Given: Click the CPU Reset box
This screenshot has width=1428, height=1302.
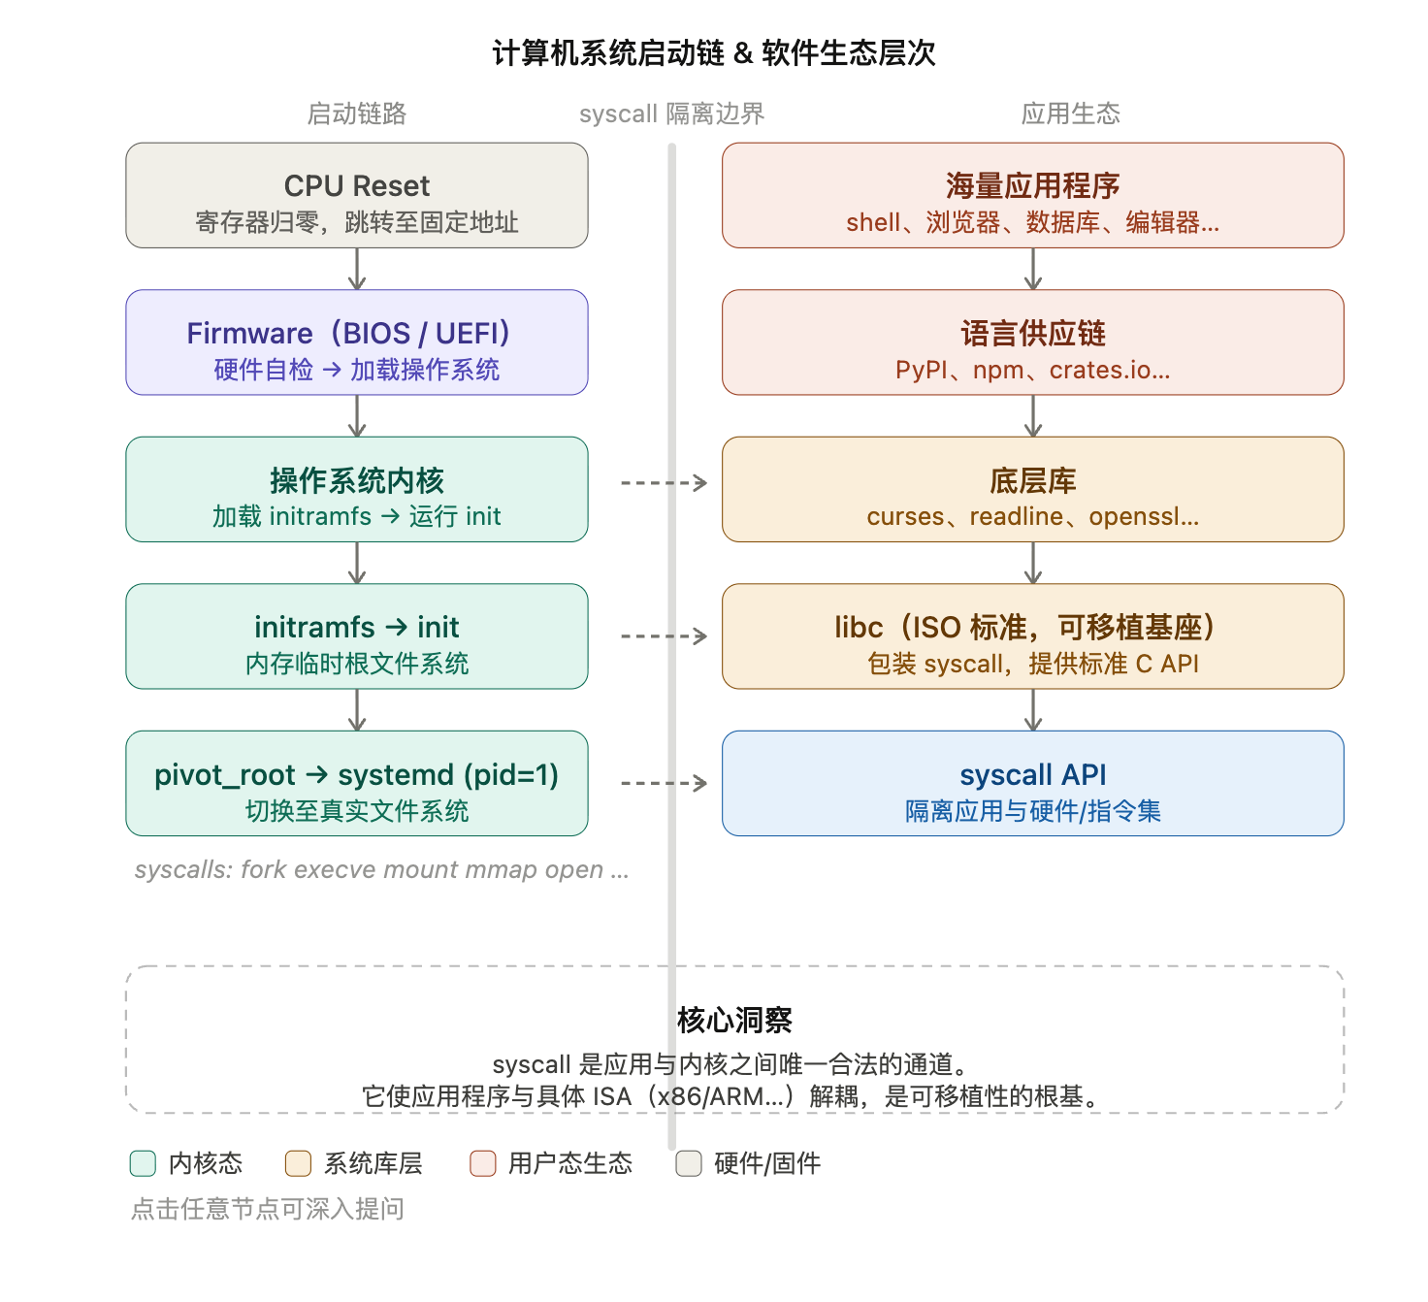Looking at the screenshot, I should [x=356, y=195].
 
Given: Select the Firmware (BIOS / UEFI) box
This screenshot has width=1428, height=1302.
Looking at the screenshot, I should [x=356, y=342].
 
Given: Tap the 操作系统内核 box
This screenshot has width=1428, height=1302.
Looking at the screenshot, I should [x=356, y=489].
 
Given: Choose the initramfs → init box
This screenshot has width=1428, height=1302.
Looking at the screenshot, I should [x=356, y=636].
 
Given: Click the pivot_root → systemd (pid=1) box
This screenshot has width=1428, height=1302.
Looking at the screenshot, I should [x=356, y=783].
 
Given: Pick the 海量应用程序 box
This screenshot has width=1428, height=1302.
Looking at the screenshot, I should [x=1032, y=195].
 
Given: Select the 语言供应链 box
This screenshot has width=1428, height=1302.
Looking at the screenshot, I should [x=1032, y=342].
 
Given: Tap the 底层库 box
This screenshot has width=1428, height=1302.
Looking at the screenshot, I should [x=1032, y=489].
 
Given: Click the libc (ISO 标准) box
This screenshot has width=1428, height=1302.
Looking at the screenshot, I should [x=1032, y=636].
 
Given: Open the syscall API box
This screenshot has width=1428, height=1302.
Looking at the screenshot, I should [x=1032, y=783].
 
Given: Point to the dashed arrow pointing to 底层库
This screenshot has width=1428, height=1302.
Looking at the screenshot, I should [x=664, y=482].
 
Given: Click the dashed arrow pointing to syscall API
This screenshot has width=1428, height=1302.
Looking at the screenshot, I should [x=664, y=783].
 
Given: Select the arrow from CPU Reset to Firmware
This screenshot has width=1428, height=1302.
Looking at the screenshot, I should [x=357, y=269].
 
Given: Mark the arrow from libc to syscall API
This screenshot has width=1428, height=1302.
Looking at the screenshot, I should [x=1033, y=709].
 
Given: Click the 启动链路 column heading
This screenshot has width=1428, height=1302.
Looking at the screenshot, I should [x=356, y=114].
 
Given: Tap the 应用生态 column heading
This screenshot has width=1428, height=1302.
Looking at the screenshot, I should [x=1070, y=114].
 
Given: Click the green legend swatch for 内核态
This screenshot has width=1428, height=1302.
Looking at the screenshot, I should [x=143, y=1163].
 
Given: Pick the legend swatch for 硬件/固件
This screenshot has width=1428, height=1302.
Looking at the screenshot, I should [x=689, y=1163].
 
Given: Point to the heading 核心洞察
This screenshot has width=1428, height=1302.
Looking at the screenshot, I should [x=734, y=1020].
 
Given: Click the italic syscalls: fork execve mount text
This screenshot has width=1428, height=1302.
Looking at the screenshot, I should [x=381, y=869].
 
